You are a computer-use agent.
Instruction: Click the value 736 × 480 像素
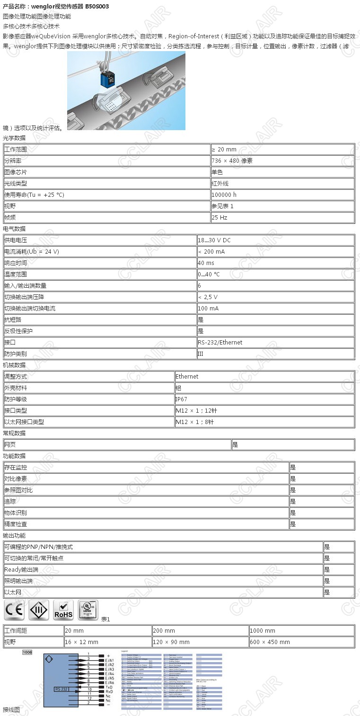tap(232, 161)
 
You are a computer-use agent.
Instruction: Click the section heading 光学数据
tap(14, 138)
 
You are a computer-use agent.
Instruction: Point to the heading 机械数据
tap(14, 365)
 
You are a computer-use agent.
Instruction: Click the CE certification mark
tap(14, 610)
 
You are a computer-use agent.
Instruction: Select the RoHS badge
tap(63, 610)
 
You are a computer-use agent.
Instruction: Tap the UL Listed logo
tap(88, 610)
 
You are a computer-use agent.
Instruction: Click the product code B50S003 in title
tap(97, 7)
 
